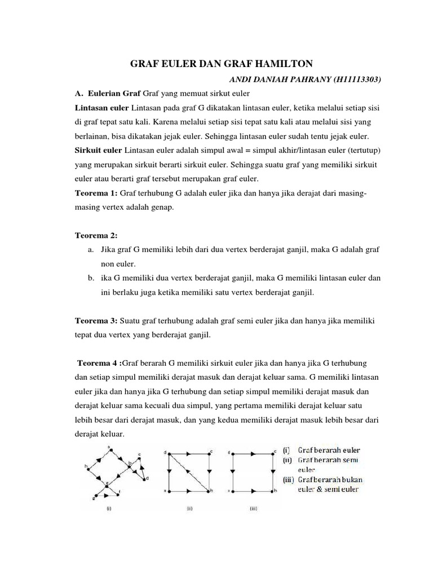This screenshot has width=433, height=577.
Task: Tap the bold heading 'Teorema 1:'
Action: (x=96, y=193)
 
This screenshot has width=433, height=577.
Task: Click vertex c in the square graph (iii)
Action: (x=275, y=451)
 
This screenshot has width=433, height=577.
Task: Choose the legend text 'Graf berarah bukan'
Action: (x=330, y=480)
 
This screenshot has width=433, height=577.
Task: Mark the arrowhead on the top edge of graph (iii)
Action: (x=251, y=452)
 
